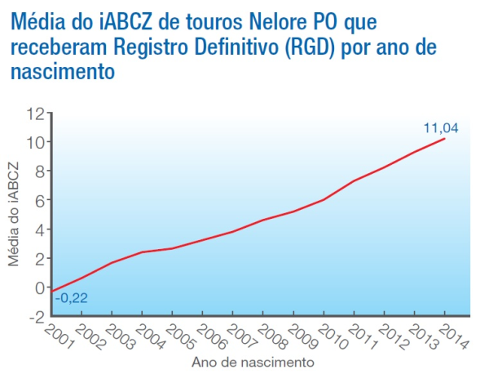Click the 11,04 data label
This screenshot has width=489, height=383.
(440, 127)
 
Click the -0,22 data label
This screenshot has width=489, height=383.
(71, 298)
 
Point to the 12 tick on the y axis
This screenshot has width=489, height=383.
(35, 113)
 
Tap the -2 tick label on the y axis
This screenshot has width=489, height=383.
(35, 316)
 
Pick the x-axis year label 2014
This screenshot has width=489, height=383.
(454, 334)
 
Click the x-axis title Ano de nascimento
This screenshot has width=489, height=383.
(252, 361)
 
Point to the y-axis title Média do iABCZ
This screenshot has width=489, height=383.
(14, 216)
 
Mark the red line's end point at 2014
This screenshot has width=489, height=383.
(445, 139)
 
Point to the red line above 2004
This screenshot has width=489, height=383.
(142, 252)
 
